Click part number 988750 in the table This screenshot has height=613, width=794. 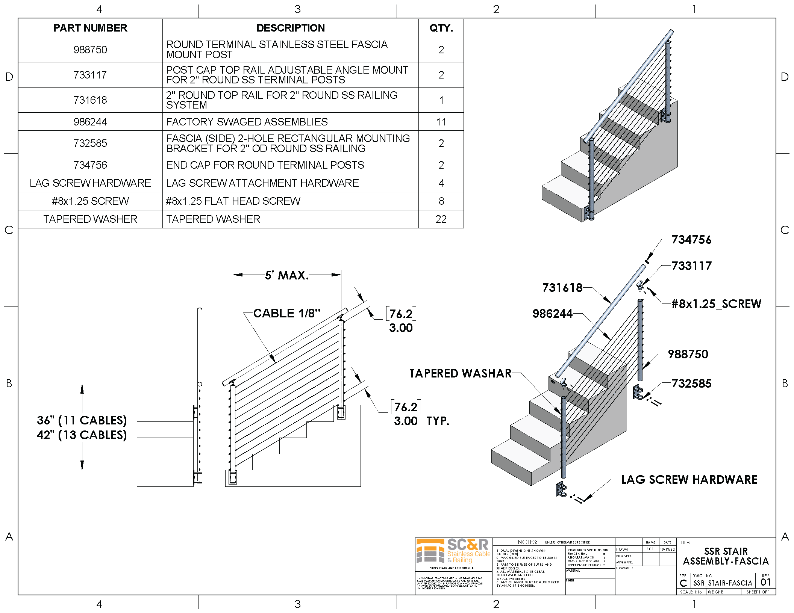click(90, 50)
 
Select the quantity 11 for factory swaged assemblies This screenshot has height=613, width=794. click(441, 122)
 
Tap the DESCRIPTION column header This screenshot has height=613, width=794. click(290, 28)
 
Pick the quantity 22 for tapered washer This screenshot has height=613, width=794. click(441, 219)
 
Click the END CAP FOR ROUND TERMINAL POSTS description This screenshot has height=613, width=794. click(265, 165)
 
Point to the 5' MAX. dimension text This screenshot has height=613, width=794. click(286, 275)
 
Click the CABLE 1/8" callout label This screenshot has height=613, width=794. click(286, 313)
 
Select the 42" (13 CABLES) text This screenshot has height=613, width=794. click(82, 435)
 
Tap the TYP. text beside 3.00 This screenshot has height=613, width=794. click(438, 421)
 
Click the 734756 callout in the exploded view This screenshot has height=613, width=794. click(691, 240)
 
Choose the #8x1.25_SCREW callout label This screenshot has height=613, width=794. click(716, 303)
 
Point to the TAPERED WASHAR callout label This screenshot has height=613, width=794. click(460, 373)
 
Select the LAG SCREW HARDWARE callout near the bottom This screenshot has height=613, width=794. click(689, 479)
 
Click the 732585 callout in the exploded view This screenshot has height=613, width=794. click(691, 383)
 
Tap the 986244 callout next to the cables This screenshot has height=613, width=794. click(552, 313)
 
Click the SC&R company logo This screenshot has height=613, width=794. click(453, 551)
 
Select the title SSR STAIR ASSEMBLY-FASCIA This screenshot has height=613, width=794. click(726, 556)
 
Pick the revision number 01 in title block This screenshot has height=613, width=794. click(765, 582)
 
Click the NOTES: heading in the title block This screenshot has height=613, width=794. click(527, 542)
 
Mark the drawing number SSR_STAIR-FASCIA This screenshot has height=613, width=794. click(723, 583)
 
